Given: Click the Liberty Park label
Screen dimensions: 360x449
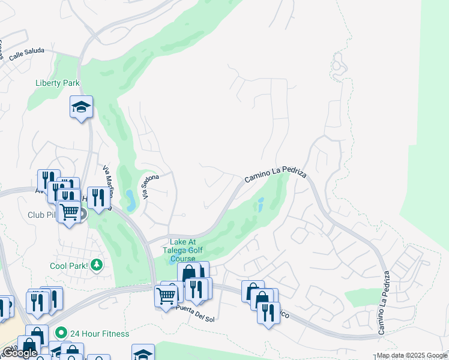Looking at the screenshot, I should pyautogui.click(x=58, y=83).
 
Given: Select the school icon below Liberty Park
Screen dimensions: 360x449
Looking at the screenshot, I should pyautogui.click(x=81, y=108).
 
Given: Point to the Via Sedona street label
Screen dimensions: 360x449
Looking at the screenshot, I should pyautogui.click(x=151, y=186).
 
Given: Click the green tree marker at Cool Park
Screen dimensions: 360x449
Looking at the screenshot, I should pyautogui.click(x=96, y=265).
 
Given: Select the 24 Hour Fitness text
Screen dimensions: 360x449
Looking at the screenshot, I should pyautogui.click(x=99, y=334).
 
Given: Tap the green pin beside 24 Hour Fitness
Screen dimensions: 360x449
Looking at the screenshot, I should pyautogui.click(x=60, y=332).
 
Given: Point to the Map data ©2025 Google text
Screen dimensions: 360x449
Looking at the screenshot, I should pyautogui.click(x=411, y=356).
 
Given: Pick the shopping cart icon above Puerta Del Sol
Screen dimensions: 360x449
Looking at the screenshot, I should pyautogui.click(x=166, y=295).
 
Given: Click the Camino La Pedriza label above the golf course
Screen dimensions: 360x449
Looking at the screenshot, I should pyautogui.click(x=276, y=176).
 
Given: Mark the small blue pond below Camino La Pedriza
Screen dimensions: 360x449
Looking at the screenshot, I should pyautogui.click(x=260, y=206).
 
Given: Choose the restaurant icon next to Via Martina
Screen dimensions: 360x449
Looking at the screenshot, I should pyautogui.click(x=98, y=197).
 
